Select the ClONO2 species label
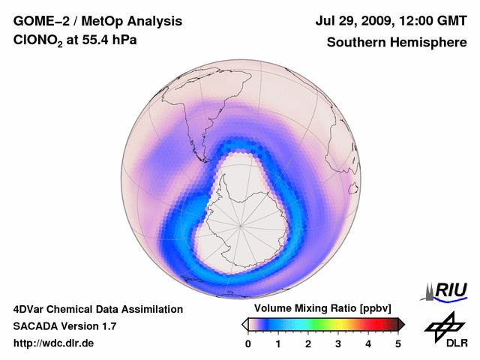(x=41, y=43)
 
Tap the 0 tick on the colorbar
(x=248, y=343)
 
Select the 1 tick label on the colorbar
(x=278, y=343)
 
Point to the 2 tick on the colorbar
(x=308, y=343)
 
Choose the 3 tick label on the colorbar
(x=338, y=343)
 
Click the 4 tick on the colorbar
(x=368, y=343)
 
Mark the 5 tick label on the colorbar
(x=398, y=343)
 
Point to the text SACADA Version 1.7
(x=64, y=326)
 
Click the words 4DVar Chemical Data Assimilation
(x=98, y=309)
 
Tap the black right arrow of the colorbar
(x=401, y=324)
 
